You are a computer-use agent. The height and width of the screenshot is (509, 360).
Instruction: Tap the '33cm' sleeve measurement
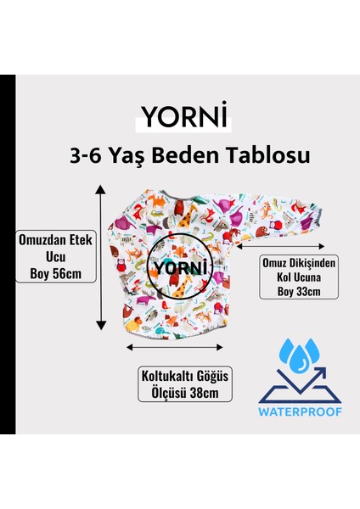[303, 293]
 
